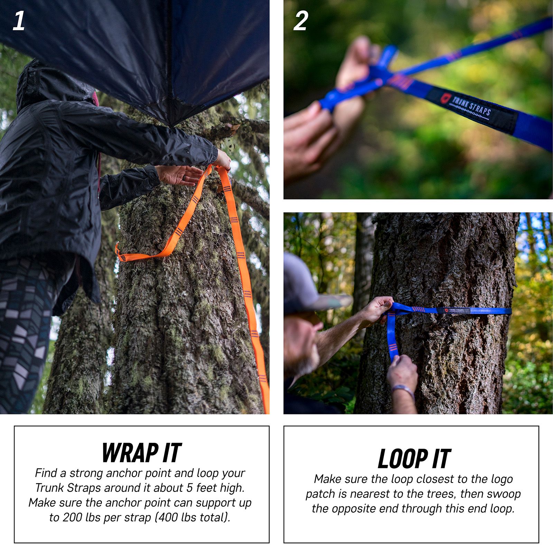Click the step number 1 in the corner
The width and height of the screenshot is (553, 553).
pos(19,21)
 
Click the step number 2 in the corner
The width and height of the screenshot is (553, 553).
pos(300,21)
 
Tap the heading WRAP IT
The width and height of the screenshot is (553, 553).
pos(141,452)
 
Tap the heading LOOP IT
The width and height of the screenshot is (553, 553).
pos(414,459)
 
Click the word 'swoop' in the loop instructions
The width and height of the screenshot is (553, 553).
pos(504,494)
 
